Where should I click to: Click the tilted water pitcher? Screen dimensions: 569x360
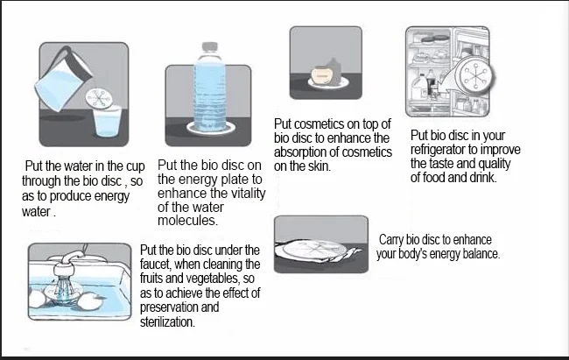coord(64,80)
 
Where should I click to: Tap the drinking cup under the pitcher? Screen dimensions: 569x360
coord(108,122)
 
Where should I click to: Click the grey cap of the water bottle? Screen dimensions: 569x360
coord(210,48)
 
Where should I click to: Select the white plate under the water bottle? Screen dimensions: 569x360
coord(210,128)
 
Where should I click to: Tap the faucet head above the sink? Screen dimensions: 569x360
coord(64,270)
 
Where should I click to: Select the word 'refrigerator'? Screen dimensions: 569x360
coord(438,149)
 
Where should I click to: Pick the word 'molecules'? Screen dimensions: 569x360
coord(187,221)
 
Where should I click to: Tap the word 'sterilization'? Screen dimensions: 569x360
coord(167,321)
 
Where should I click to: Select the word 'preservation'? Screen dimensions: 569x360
coord(169,307)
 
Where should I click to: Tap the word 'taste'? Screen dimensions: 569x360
coord(441,164)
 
